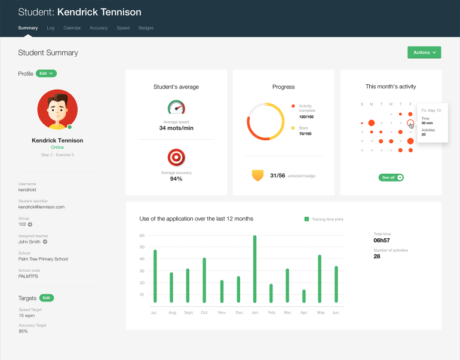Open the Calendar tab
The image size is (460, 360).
tap(72, 28)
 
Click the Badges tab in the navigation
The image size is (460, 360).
tap(146, 28)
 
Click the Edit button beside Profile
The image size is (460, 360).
tap(46, 73)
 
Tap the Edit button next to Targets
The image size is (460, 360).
tap(47, 298)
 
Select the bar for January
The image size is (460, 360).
tap(255, 269)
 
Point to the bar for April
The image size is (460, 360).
tap(304, 296)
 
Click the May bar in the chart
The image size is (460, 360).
tap(320, 278)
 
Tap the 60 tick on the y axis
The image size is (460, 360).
tap(142, 235)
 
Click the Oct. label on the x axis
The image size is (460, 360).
tap(204, 313)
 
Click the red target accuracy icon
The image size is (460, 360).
tap(176, 158)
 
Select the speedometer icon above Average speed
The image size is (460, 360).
tap(176, 107)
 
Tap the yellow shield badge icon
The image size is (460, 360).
tap(257, 175)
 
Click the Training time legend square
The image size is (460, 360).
tap(307, 219)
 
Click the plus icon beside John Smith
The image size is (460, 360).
tap(45, 242)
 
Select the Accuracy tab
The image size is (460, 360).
tap(99, 28)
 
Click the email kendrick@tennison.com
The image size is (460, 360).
tap(41, 207)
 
